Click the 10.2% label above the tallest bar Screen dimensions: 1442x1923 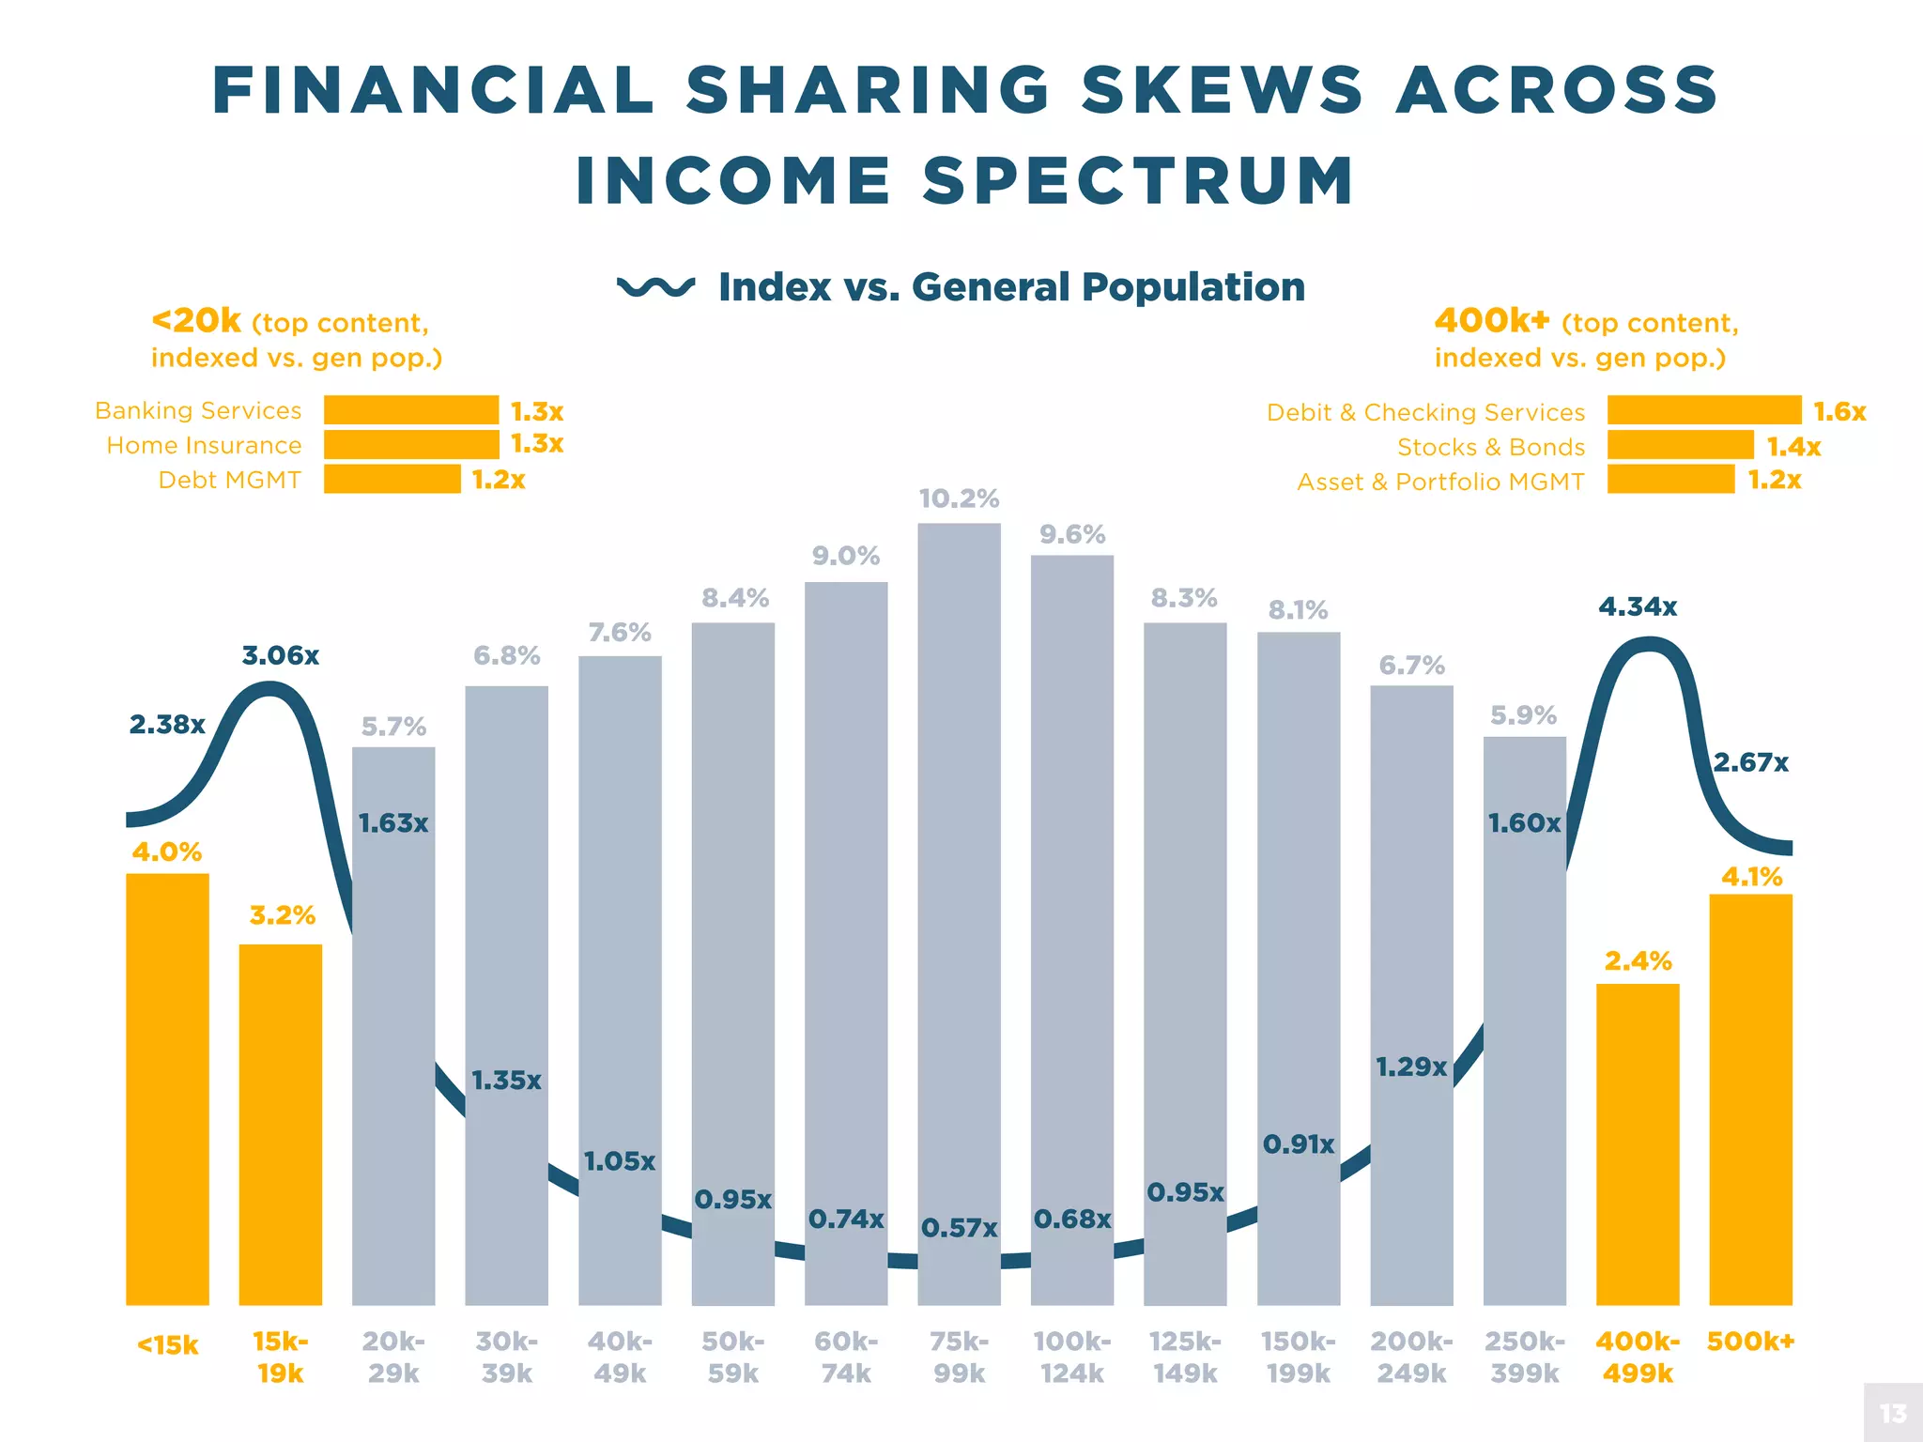tap(959, 499)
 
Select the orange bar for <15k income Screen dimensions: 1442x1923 tap(167, 1089)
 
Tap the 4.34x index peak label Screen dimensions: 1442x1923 tap(1638, 607)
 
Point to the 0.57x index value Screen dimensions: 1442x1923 tap(959, 1228)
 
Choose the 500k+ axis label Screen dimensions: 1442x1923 tap(1750, 1342)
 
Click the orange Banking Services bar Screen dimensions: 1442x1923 tap(411, 410)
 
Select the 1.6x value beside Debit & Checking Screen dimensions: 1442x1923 tap(1839, 411)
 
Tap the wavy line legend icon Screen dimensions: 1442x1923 tap(655, 286)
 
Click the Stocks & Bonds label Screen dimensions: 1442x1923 tap(1491, 447)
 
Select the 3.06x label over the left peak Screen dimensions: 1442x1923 tap(281, 655)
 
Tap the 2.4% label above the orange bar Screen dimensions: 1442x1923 tap(1638, 961)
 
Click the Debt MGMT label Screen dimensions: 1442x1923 tap(229, 480)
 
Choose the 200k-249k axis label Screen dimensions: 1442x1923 tap(1411, 1358)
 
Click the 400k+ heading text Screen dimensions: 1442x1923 tap(1491, 321)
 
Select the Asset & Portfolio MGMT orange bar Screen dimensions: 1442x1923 tap(1670, 480)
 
